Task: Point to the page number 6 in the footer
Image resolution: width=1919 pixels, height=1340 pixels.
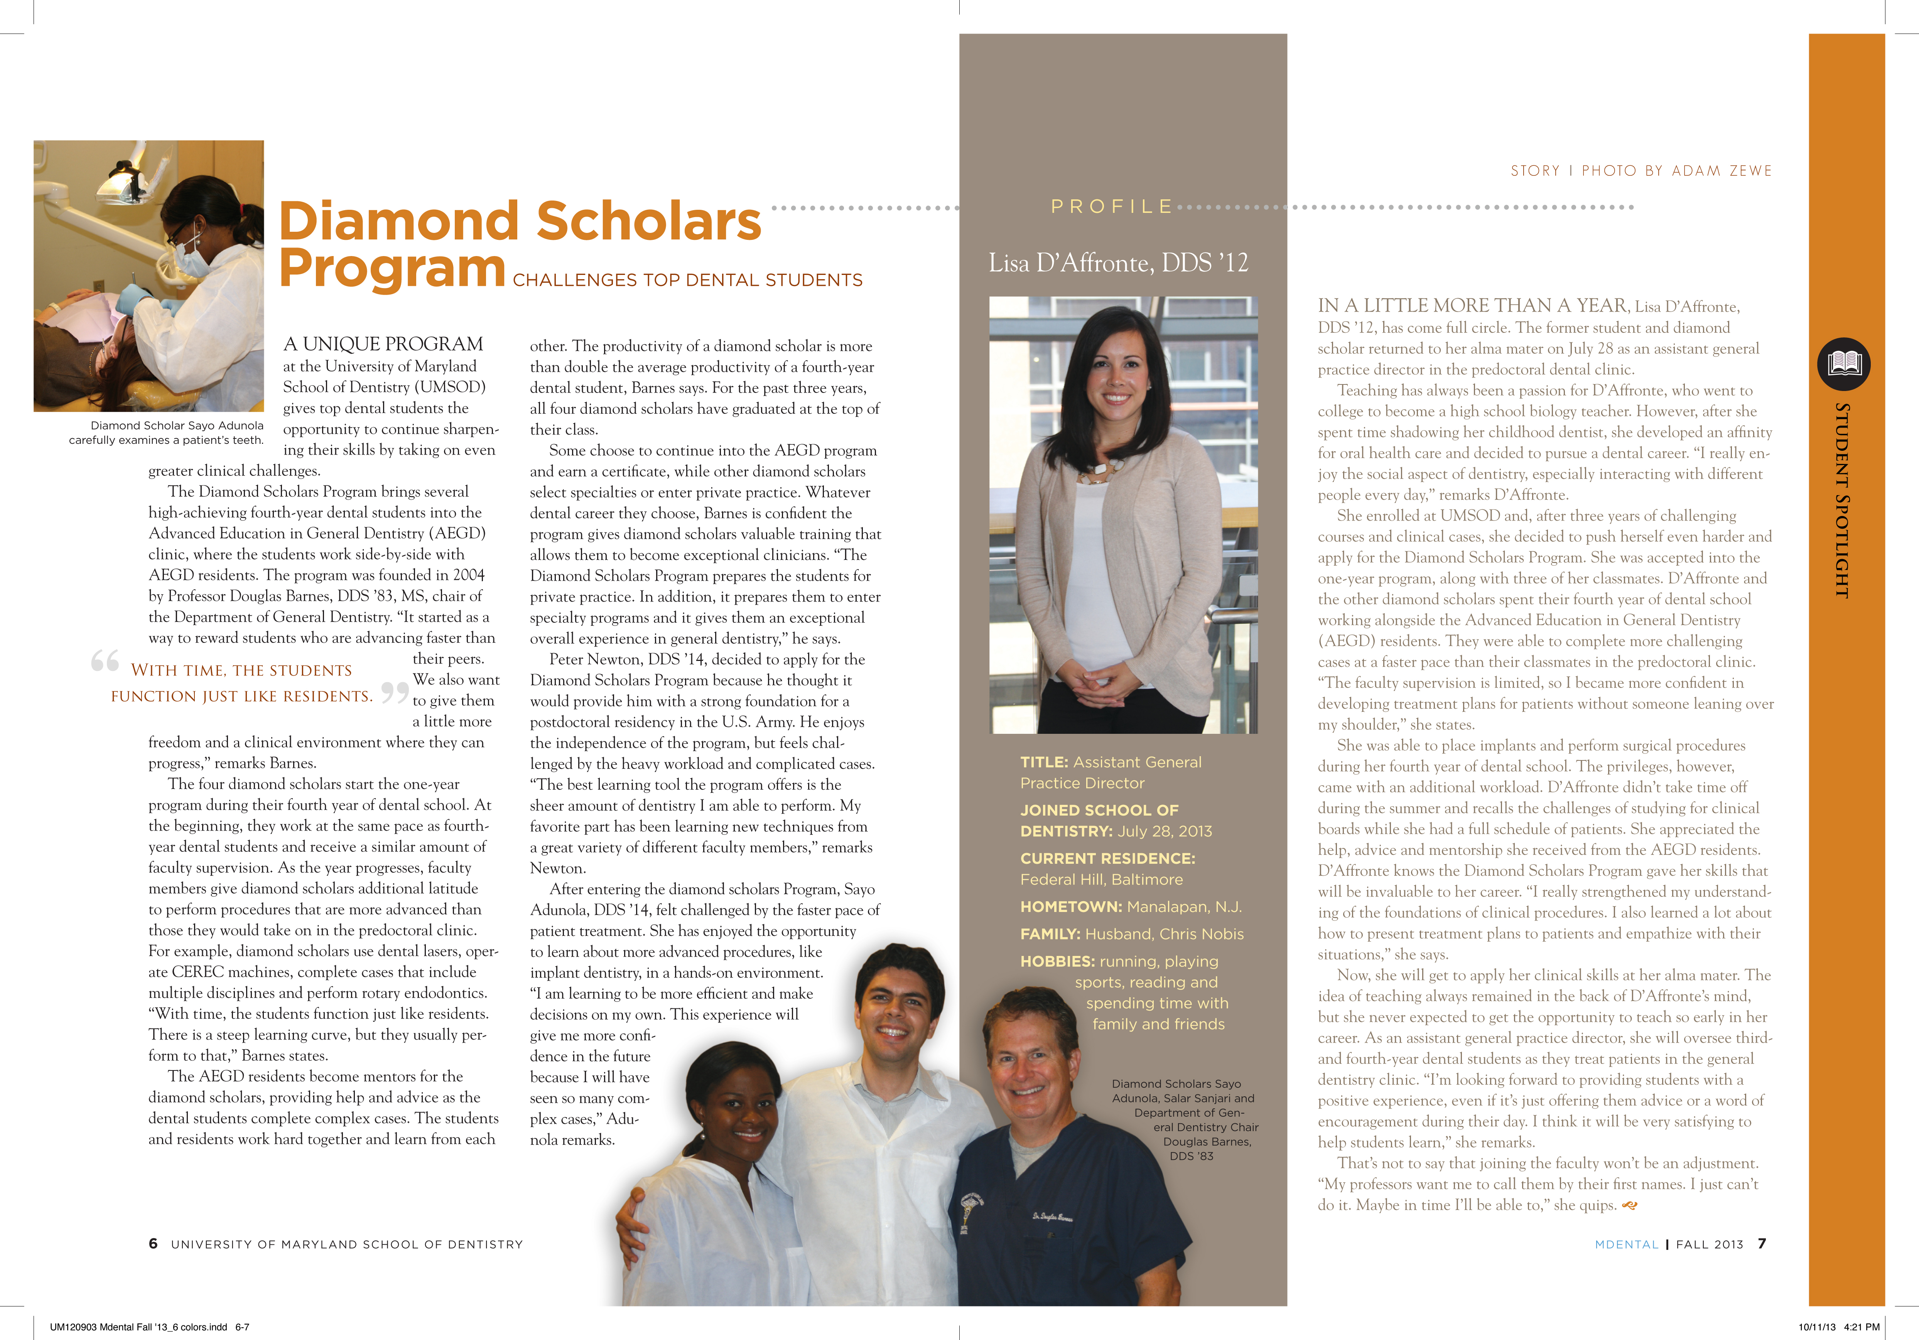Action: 153,1244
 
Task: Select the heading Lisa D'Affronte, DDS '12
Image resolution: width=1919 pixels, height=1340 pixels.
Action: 1118,263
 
